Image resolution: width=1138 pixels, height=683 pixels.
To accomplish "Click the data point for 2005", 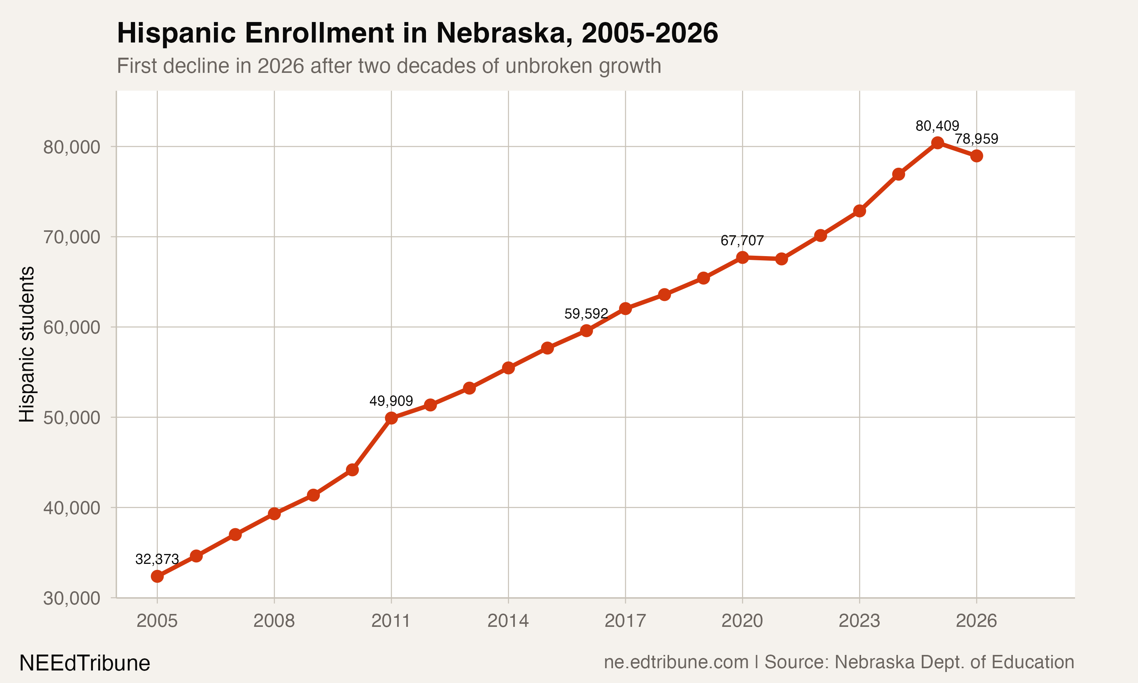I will tap(157, 576).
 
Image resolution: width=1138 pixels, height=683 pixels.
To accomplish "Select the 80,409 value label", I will tap(937, 126).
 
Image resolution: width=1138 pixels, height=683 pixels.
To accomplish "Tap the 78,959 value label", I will tap(976, 139).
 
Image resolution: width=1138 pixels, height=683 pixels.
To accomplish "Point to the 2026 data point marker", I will tap(976, 156).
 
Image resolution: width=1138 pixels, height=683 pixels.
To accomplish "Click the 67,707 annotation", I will tap(742, 241).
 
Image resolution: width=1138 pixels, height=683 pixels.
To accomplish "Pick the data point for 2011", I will tap(391, 418).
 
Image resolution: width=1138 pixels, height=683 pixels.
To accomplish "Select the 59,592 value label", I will tap(586, 314).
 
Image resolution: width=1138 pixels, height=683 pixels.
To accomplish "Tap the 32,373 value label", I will tap(157, 559).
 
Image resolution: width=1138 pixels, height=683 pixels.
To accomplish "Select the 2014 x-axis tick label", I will tap(508, 621).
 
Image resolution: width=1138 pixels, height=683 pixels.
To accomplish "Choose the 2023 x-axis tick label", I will tap(859, 621).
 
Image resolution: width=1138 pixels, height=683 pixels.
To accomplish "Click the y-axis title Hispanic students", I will tap(27, 344).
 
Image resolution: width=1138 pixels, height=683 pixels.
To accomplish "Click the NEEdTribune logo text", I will tap(85, 663).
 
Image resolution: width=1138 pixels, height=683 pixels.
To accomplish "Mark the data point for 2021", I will tap(781, 259).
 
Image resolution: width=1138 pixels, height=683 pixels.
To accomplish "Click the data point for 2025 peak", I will tap(937, 143).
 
